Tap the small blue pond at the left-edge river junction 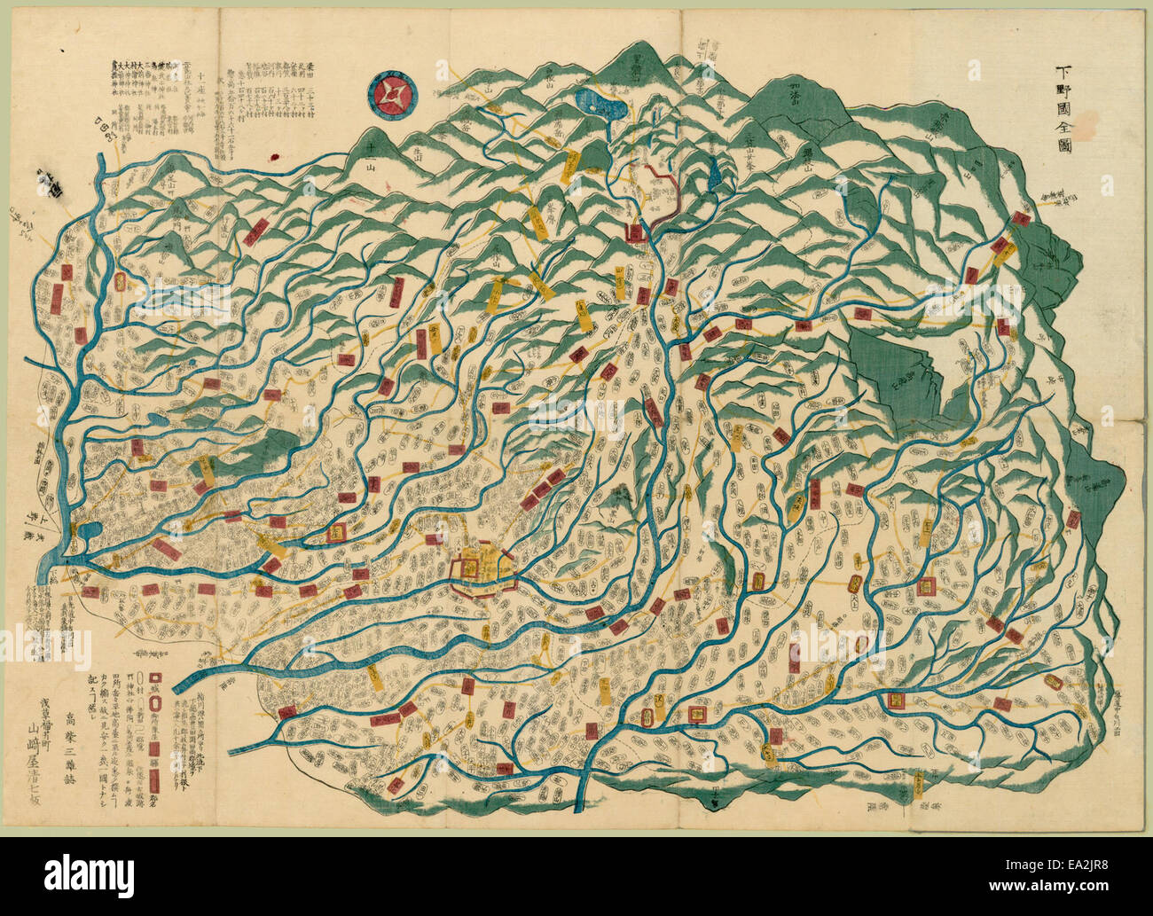point(87,535)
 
